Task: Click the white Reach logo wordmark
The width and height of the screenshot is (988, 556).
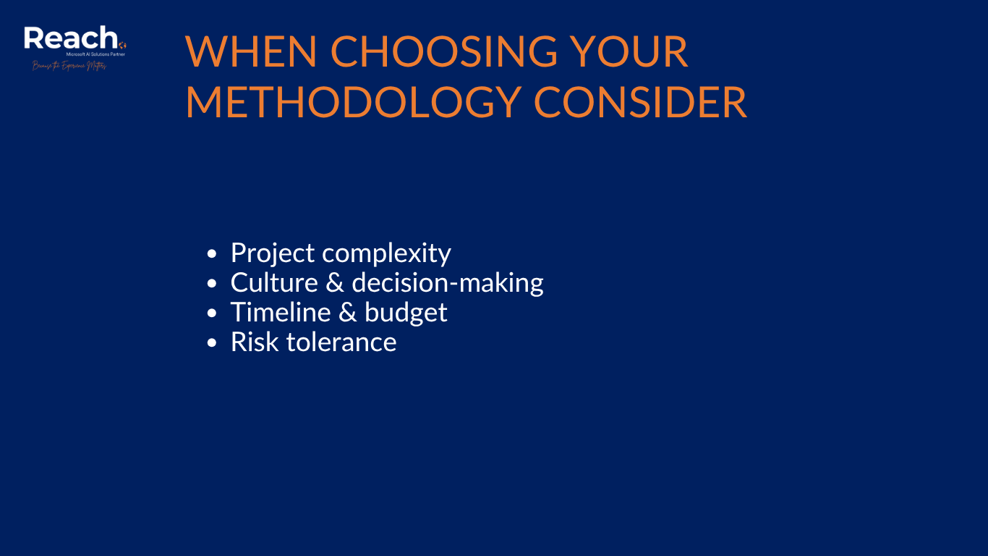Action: [x=71, y=38]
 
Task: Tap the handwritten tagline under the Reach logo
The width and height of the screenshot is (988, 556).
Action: [x=69, y=66]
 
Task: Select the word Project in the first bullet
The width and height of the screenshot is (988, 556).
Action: [x=273, y=253]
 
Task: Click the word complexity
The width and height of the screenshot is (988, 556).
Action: [x=386, y=253]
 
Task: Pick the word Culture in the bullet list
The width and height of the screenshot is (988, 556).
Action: [x=274, y=282]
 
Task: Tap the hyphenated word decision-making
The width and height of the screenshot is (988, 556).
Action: [x=448, y=283]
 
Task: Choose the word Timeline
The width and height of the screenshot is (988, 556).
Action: [x=281, y=312]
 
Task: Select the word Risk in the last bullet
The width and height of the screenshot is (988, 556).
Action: [x=255, y=342]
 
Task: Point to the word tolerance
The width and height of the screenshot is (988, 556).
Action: [x=341, y=342]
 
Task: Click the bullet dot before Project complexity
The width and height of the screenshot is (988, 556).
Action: [x=211, y=254]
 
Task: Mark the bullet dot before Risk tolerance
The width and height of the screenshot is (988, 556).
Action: [x=211, y=343]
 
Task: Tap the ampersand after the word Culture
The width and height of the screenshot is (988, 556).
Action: [x=335, y=282]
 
